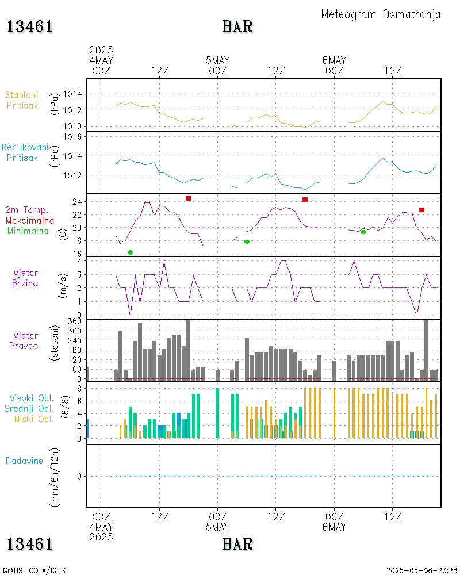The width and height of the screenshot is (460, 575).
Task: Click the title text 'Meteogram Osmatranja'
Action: tap(381, 14)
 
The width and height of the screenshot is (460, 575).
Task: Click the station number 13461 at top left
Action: tap(30, 27)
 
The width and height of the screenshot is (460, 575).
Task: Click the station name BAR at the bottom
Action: tap(237, 543)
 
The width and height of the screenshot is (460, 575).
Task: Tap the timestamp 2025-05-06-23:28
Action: tap(421, 570)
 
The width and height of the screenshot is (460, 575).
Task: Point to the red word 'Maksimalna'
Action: tap(30, 220)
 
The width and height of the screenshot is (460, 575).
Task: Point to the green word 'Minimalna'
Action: tap(28, 231)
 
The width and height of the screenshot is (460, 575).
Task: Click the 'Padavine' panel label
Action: tap(24, 461)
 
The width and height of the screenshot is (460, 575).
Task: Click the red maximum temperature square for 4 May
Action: tap(189, 198)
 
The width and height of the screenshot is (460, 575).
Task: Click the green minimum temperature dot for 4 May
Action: tap(131, 252)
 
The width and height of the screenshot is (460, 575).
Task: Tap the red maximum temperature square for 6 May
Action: tap(422, 210)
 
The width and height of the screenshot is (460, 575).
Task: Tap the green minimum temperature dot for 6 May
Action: tap(363, 232)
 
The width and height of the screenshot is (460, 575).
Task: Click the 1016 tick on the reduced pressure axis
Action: tap(75, 137)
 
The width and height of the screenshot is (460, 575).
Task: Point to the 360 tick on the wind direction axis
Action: tap(75, 321)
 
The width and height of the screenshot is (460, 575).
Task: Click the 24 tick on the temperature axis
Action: tap(76, 202)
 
